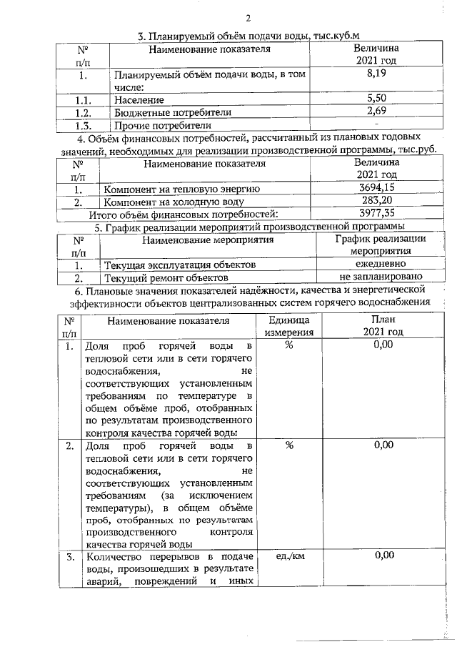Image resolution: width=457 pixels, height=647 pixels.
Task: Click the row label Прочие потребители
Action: tap(153, 126)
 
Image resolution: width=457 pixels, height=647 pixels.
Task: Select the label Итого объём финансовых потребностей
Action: tap(183, 214)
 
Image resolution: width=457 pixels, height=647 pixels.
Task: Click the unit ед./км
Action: tap(289, 555)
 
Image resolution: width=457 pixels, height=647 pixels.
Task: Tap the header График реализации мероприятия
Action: tap(381, 245)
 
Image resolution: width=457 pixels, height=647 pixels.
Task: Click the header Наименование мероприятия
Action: tap(204, 240)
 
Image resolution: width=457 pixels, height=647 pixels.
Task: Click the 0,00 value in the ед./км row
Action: tap(383, 555)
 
